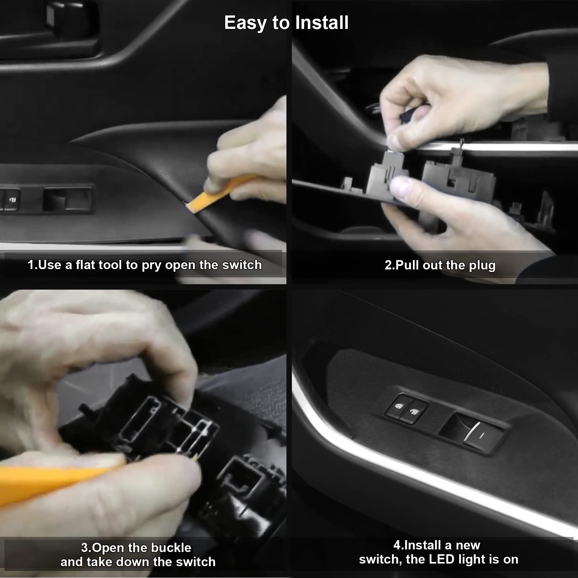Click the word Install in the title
click(x=321, y=23)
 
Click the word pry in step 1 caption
click(x=151, y=266)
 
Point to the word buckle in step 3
click(x=171, y=548)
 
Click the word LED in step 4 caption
click(x=442, y=559)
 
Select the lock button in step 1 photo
click(x=11, y=200)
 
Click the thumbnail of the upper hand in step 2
click(x=396, y=139)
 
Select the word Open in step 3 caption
click(x=109, y=548)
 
